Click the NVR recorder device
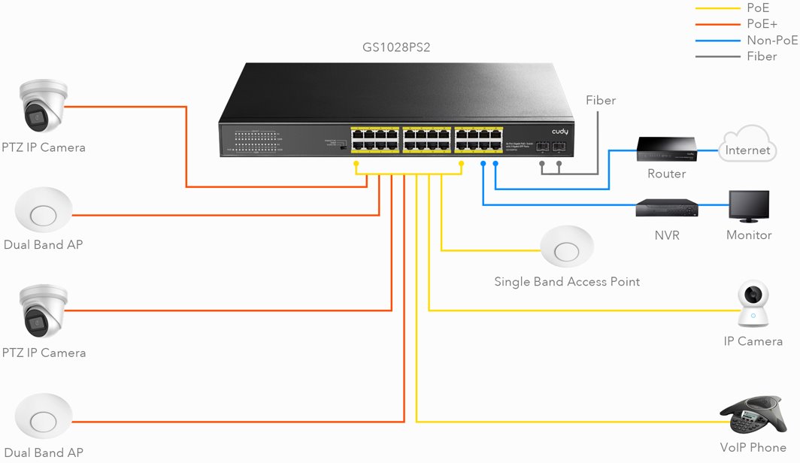pos(666,208)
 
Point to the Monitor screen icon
pos(749,206)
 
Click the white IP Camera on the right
pos(753,304)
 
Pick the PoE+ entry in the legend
pos(762,23)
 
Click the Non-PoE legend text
pos(772,40)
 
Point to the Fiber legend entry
pos(762,56)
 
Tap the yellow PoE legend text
pos(758,8)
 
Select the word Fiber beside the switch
pos(601,100)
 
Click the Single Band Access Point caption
pos(567,282)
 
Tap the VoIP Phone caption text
pos(753,448)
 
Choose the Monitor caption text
pos(749,235)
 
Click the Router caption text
pos(666,174)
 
